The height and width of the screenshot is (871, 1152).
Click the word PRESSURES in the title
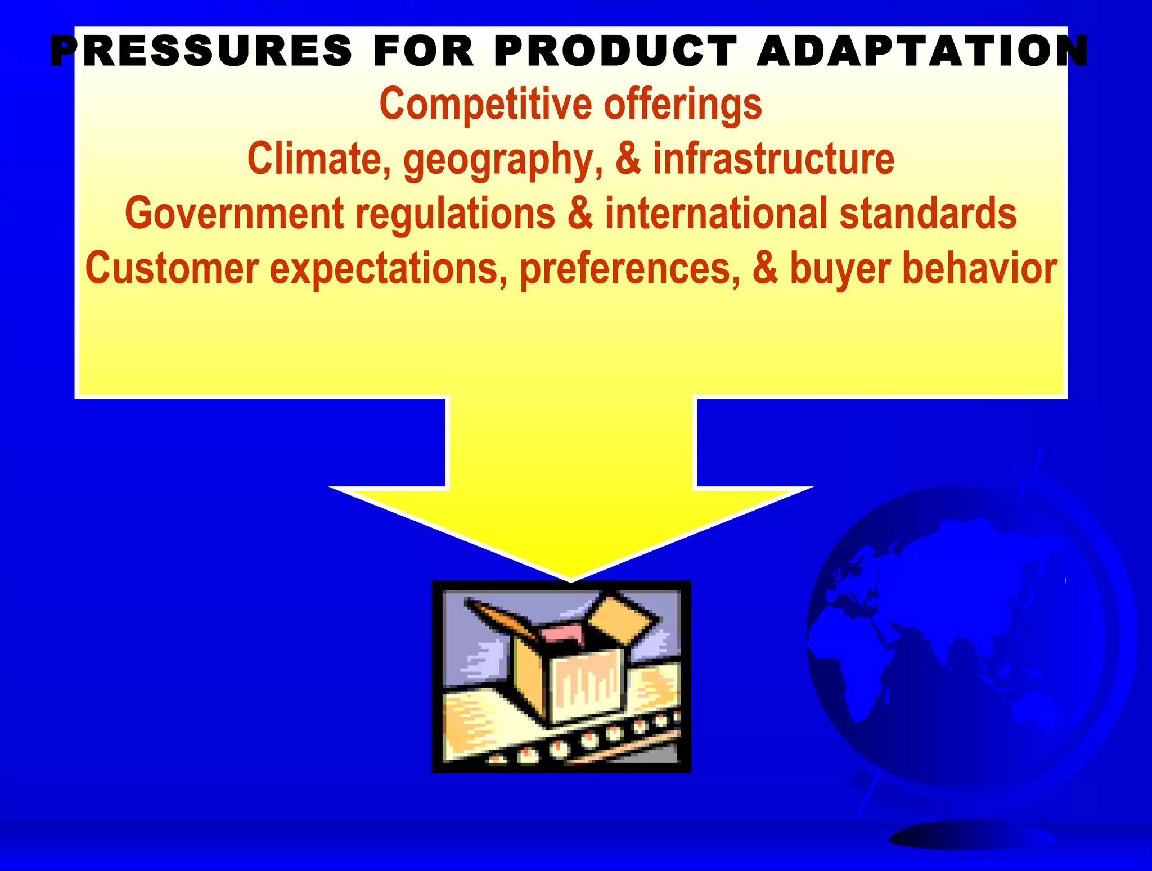coord(201,52)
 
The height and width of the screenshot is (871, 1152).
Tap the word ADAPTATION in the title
coord(922,52)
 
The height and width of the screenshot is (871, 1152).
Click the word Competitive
coord(486,104)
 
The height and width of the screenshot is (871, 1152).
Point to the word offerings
coord(683,105)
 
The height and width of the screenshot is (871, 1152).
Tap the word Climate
coord(319,159)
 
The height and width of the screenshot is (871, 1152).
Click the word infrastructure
coord(773,159)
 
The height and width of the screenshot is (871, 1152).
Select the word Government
coord(234,213)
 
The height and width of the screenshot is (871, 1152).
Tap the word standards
coord(928,213)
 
